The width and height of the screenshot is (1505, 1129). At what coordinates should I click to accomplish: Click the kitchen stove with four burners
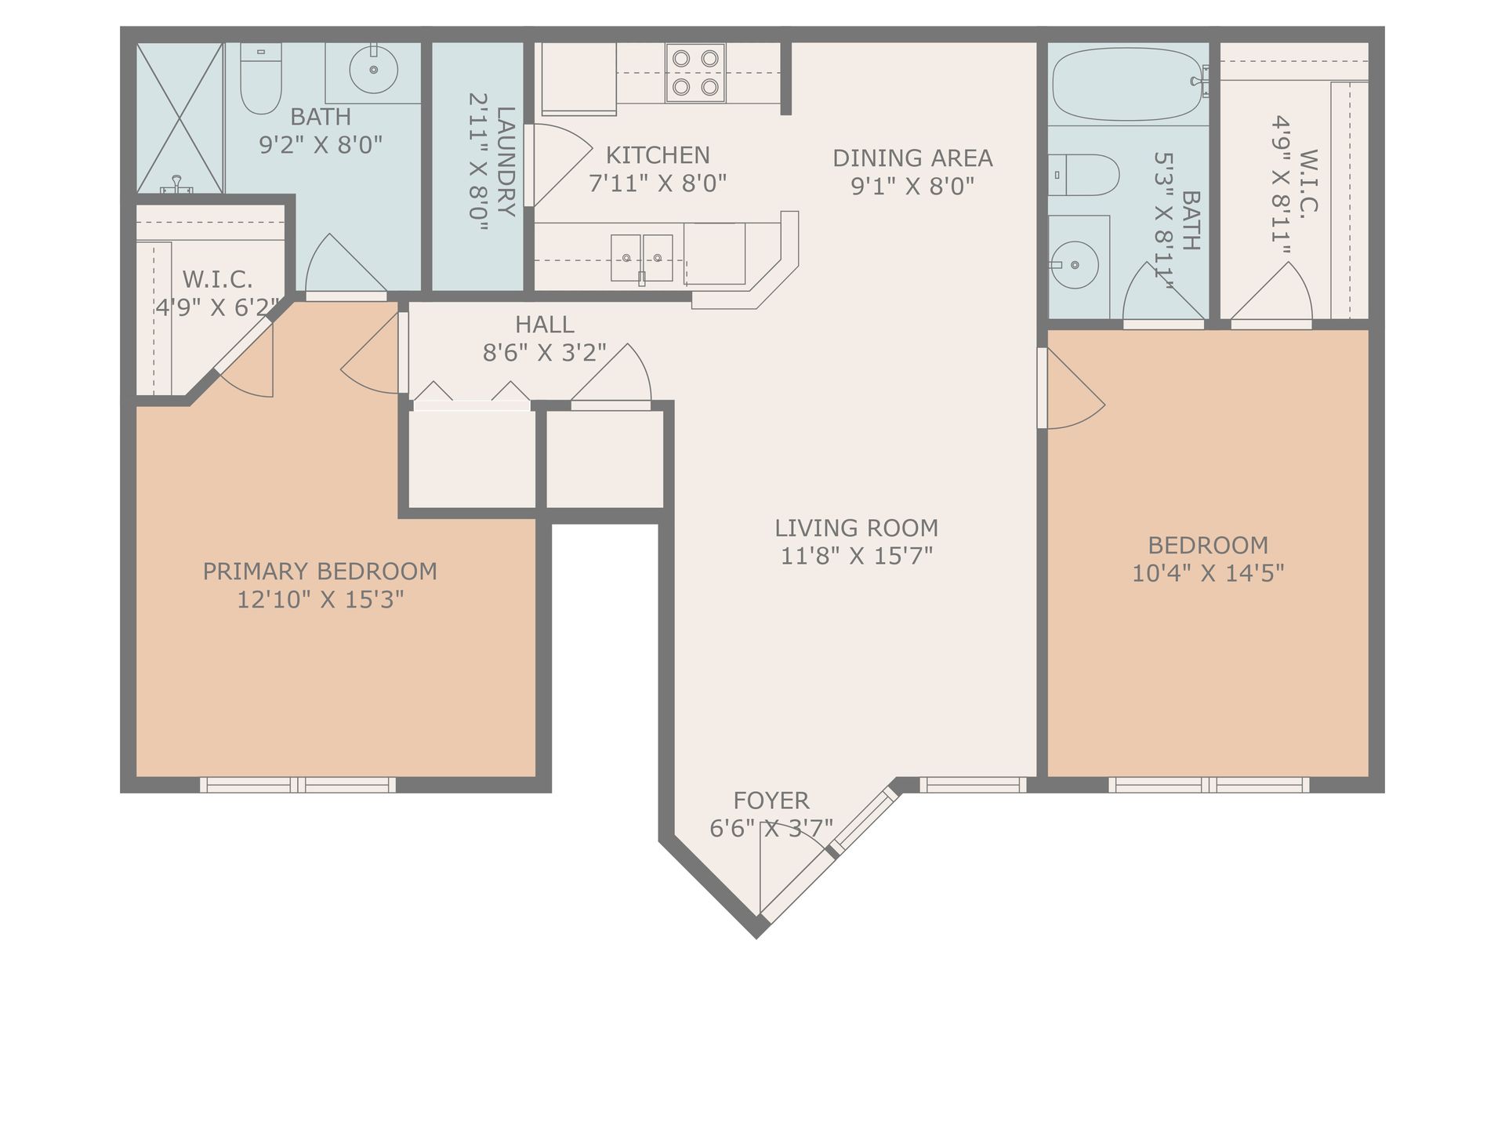coord(695,72)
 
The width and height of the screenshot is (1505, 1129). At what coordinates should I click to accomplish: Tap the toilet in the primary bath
coord(260,78)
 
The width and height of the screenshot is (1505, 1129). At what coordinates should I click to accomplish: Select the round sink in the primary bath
coord(373,70)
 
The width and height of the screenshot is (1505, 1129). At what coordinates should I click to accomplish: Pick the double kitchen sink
coord(642,258)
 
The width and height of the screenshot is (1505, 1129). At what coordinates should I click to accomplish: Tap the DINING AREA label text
coord(912,158)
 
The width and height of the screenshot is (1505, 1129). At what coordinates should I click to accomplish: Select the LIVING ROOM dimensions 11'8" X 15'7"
coord(857,556)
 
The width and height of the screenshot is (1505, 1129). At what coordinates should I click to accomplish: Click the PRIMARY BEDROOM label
coord(320,572)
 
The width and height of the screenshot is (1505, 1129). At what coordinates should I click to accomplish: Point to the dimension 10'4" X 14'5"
coord(1208,573)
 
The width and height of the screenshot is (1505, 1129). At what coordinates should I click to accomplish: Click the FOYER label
coord(771,800)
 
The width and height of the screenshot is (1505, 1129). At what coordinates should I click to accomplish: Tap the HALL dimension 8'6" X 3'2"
coord(545,353)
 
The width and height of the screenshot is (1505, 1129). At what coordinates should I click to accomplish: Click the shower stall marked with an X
coord(180,118)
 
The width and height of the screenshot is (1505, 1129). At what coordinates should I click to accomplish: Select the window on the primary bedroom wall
coord(297,785)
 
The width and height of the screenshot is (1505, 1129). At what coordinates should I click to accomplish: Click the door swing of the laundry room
coord(560,165)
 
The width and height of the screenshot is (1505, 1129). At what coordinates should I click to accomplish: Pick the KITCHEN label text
coord(658,155)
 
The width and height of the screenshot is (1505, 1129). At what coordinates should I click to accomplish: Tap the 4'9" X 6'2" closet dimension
coord(217,307)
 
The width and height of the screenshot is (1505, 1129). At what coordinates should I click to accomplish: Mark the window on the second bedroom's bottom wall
coord(1208,785)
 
